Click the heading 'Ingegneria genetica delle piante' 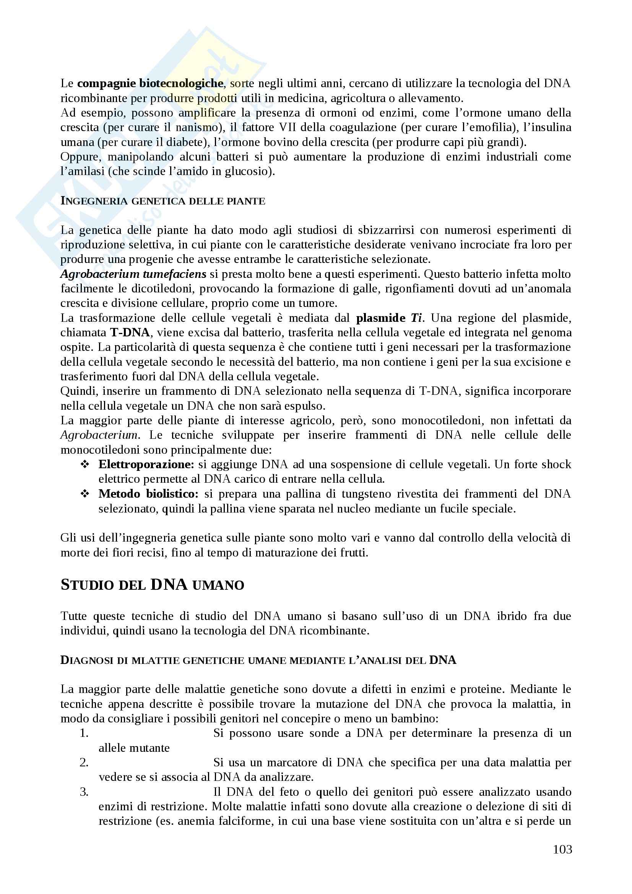tap(163, 201)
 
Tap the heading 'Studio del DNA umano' tap(152, 584)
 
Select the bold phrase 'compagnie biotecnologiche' tap(150, 83)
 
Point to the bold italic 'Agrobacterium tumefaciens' tap(133, 274)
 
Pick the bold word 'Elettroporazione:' tap(146, 464)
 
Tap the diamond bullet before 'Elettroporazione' tap(84, 464)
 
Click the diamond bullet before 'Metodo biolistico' tap(84, 494)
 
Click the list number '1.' tap(84, 733)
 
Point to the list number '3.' tap(84, 792)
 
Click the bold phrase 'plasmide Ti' tap(389, 318)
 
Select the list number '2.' tap(84, 763)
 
